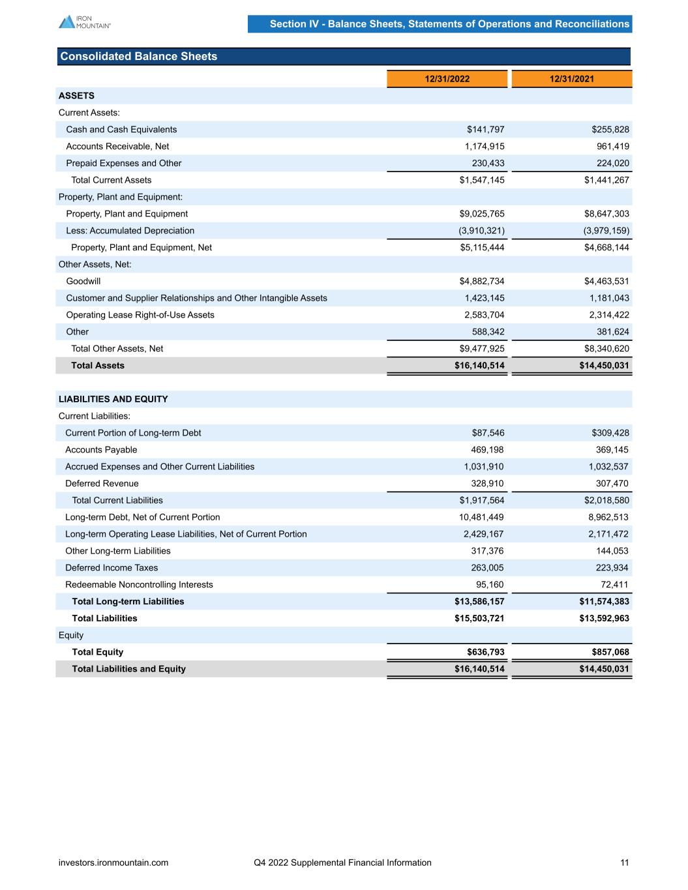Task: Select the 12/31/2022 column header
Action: pos(447,79)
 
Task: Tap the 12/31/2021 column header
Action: pos(572,79)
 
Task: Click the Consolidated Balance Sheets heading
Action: pos(139,57)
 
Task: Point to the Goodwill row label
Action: pos(83,281)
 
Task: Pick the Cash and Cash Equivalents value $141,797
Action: pos(482,130)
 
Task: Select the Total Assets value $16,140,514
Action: pos(479,366)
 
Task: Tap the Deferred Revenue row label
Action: pos(102,484)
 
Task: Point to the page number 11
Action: pos(625,863)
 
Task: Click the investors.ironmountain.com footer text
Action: pos(113,863)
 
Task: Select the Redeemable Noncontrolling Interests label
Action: pos(139,585)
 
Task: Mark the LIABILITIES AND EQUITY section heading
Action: pos(113,399)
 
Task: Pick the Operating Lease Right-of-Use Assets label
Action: pos(140,315)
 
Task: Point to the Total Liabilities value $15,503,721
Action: pos(479,618)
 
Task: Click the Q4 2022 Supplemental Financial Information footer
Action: pos(342,863)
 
